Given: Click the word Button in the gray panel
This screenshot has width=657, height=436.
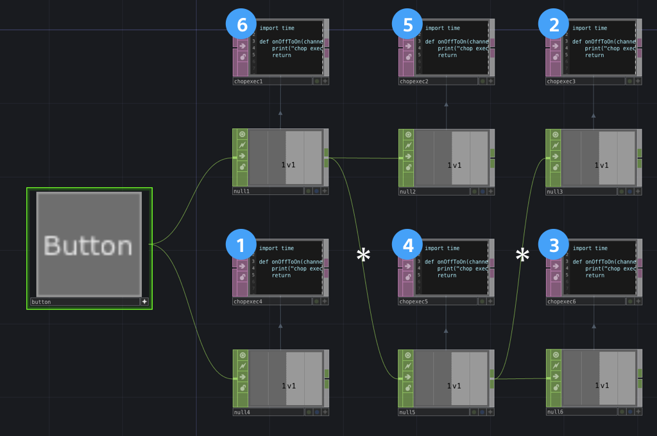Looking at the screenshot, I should pyautogui.click(x=89, y=246).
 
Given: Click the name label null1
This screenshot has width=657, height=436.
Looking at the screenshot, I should pyautogui.click(x=242, y=191).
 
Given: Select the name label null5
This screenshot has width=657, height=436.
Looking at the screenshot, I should pyautogui.click(x=408, y=412).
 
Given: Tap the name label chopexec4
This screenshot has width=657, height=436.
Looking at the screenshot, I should pyautogui.click(x=248, y=301).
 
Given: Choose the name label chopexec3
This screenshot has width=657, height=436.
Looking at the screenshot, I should pyautogui.click(x=561, y=81).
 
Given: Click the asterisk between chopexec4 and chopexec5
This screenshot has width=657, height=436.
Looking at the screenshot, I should pyautogui.click(x=364, y=255).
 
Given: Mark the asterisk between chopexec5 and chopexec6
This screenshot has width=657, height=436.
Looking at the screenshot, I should pyautogui.click(x=523, y=255).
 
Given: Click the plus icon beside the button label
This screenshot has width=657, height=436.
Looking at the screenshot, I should pyautogui.click(x=145, y=301).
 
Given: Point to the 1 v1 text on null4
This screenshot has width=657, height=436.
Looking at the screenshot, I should pyautogui.click(x=289, y=385).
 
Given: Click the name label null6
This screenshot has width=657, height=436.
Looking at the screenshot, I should pyautogui.click(x=556, y=412).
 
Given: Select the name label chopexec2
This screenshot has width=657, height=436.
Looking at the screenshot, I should pyautogui.click(x=414, y=81).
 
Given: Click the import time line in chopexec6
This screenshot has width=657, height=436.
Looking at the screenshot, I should pyautogui.click(x=590, y=248).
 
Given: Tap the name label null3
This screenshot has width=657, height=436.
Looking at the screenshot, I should pyautogui.click(x=556, y=191).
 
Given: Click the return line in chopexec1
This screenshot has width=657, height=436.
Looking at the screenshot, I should pyautogui.click(x=281, y=55).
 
